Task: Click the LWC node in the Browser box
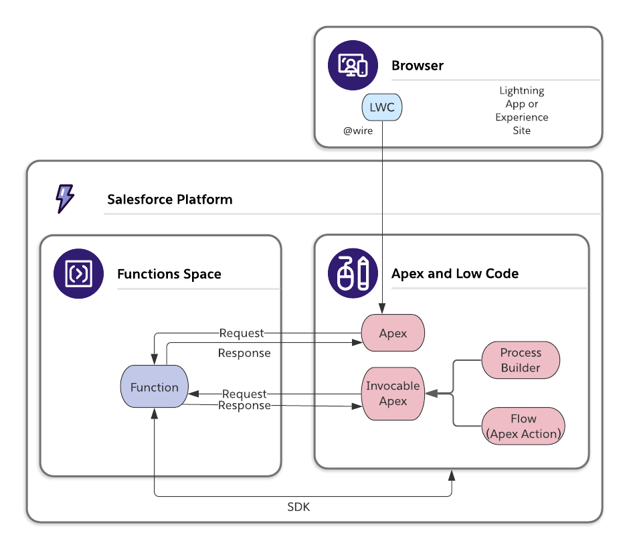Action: point(382,107)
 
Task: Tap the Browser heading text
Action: point(418,66)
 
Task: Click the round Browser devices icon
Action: point(353,65)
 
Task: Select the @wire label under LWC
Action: point(358,131)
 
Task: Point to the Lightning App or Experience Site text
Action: point(522,110)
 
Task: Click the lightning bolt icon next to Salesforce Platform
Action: point(64,199)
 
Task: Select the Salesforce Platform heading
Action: point(170,200)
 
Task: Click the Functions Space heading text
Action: point(169,274)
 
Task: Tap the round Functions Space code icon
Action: point(79,273)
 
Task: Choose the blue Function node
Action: point(155,387)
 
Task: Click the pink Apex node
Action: point(393,333)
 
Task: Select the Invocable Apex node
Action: point(393,394)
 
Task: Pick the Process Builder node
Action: point(521,360)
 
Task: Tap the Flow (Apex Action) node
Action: point(523,426)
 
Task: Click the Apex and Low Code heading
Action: point(455,274)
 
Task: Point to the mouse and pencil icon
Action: point(353,273)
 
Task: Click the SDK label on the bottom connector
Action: point(298,507)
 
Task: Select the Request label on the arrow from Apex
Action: point(242,333)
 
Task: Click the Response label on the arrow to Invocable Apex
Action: point(244,406)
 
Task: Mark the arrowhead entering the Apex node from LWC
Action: point(382,309)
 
